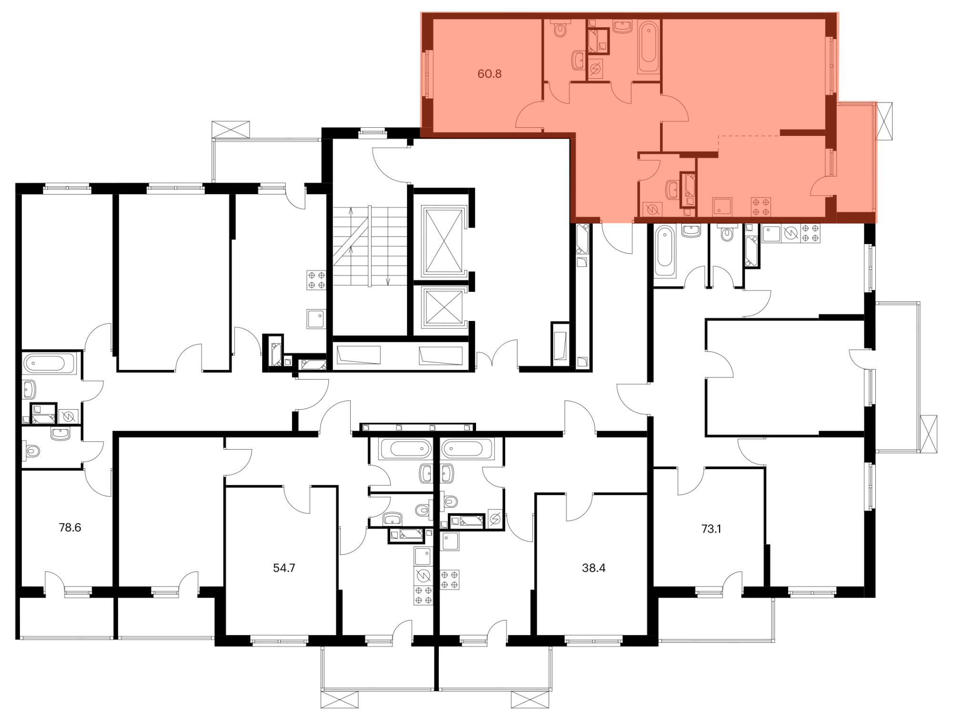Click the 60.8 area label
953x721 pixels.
tap(489, 74)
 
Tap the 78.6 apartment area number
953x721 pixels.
tap(70, 527)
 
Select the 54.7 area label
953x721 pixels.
tap(284, 568)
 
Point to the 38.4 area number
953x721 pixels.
tap(594, 568)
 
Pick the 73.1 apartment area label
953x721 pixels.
tap(711, 529)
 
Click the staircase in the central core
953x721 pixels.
tap(370, 246)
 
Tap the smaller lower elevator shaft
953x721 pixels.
tap(444, 308)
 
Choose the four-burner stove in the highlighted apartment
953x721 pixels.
tap(761, 207)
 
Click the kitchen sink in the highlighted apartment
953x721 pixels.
tap(722, 207)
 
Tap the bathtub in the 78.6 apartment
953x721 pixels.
tap(50, 363)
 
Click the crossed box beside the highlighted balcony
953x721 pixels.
tap(884, 121)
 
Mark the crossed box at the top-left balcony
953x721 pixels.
tap(231, 129)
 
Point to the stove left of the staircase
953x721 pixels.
tap(316, 280)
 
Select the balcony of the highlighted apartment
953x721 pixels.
tap(856, 162)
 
